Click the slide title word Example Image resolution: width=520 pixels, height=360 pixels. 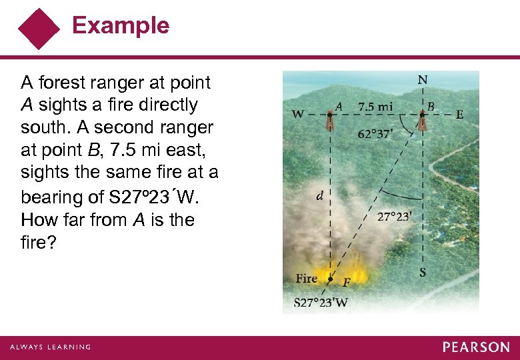click(x=121, y=25)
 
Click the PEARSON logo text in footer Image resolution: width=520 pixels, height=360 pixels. click(x=476, y=347)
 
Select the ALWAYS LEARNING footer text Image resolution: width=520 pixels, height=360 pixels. click(x=50, y=347)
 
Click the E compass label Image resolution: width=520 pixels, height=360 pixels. click(x=459, y=115)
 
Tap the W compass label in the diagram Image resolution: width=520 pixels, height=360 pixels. click(x=298, y=115)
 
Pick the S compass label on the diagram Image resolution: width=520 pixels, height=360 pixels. click(x=422, y=272)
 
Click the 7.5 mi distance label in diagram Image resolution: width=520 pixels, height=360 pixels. click(x=375, y=106)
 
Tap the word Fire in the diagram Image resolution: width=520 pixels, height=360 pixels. click(x=307, y=278)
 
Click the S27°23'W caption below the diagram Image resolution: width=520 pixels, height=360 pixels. click(x=321, y=302)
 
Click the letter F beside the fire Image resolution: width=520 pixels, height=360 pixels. click(x=346, y=283)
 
